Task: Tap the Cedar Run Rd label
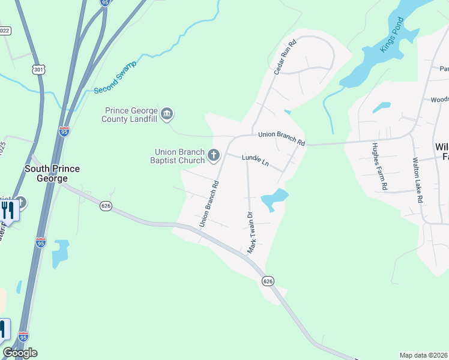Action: point(285,58)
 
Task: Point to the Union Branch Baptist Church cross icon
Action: point(213,157)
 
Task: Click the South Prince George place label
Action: point(52,173)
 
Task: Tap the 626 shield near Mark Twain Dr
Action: point(268,280)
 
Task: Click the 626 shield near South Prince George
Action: point(106,206)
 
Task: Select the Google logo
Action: point(20,353)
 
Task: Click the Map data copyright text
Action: point(423,355)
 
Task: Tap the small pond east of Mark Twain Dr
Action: point(274,198)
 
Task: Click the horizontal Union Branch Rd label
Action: point(282,139)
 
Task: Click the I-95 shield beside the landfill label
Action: point(64,131)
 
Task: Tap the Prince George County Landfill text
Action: point(131,114)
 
